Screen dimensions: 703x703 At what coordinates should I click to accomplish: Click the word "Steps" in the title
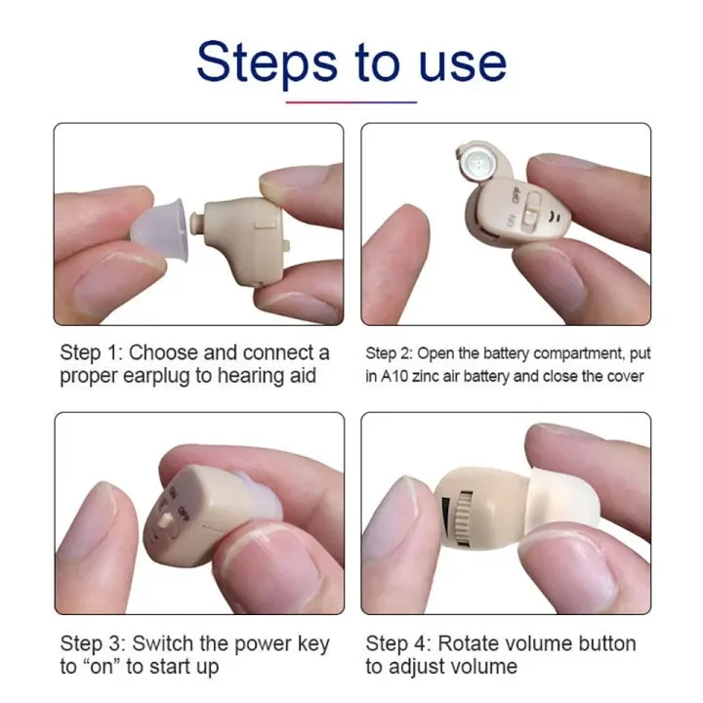(267, 62)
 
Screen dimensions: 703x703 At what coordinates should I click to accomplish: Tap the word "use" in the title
(463, 65)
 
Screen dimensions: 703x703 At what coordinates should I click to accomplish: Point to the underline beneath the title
(351, 103)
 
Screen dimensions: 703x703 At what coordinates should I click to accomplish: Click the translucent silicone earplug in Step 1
(159, 230)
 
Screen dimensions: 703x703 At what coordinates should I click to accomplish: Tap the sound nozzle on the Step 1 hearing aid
(196, 223)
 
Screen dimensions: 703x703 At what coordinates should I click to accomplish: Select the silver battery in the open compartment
(478, 161)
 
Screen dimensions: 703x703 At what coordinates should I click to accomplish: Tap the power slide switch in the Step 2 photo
(530, 208)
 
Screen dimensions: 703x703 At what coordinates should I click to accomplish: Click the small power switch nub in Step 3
(166, 520)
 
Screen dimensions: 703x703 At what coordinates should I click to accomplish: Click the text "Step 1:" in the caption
(92, 352)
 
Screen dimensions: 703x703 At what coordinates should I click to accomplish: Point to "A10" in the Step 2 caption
(394, 376)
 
